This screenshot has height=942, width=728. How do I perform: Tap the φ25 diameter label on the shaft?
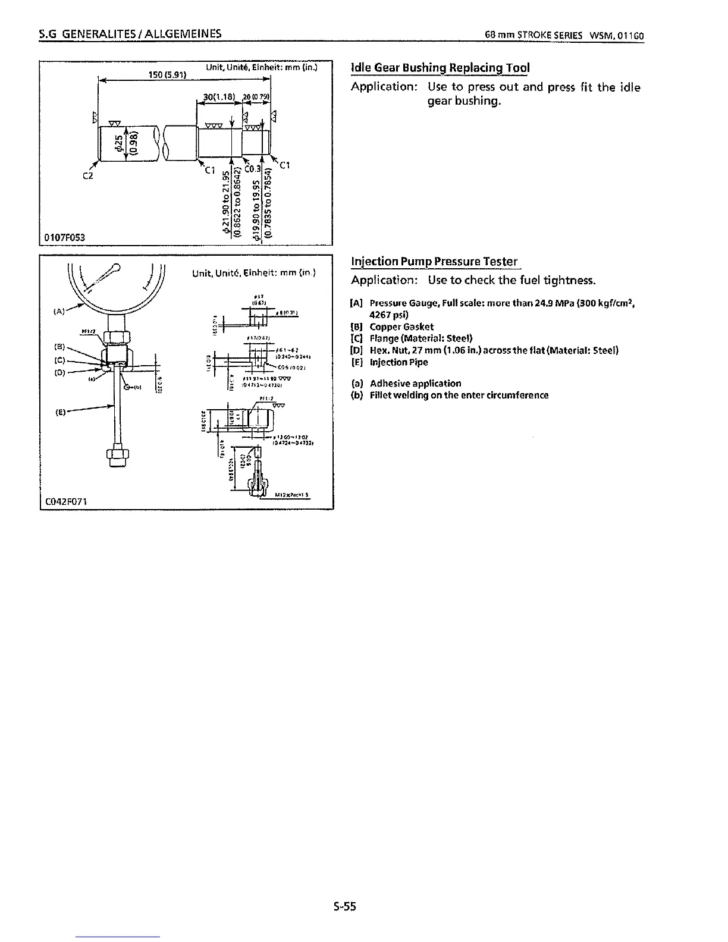coord(120,143)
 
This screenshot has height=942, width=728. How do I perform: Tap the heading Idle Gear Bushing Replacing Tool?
coord(440,67)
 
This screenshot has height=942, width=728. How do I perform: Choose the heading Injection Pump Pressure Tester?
coord(434,261)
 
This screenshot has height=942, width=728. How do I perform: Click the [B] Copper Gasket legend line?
coord(393,326)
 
